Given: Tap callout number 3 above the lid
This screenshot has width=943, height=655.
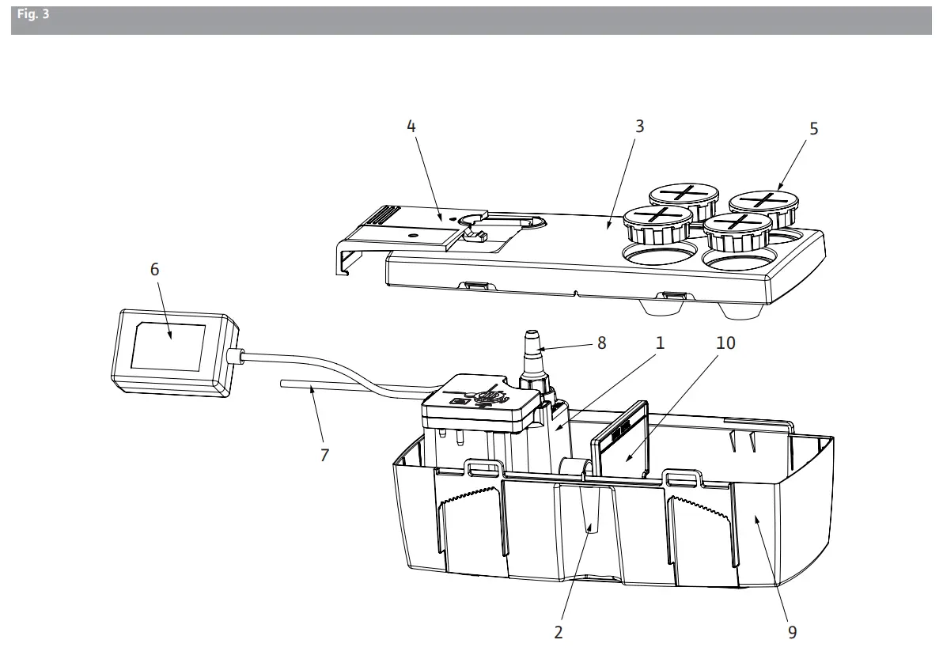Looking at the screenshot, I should coord(639,126).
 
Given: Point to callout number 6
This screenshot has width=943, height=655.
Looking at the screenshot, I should coord(154,269).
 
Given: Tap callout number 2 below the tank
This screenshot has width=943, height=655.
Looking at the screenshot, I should coord(559,632).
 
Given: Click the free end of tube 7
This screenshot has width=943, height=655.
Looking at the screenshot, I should coord(283,384).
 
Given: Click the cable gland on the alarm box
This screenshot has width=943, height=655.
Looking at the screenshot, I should coord(235,356).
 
